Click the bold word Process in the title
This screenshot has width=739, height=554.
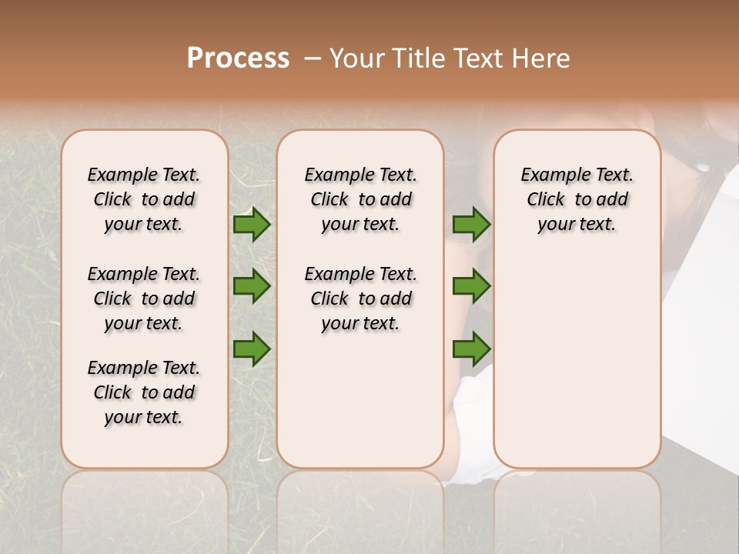coord(238,58)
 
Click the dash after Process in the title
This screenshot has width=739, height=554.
coord(312,58)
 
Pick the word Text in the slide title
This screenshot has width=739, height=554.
coord(478,58)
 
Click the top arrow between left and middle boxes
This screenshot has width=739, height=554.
coord(252,225)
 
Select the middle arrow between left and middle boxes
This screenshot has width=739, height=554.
coord(252,287)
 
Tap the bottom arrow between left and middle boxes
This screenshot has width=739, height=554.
coord(252,349)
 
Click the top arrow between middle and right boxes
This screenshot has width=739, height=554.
coord(471,225)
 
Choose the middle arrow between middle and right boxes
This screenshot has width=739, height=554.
coord(471,287)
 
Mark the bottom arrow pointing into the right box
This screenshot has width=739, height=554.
coord(471,349)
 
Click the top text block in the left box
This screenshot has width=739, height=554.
coord(144,199)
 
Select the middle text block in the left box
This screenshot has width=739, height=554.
coord(144,299)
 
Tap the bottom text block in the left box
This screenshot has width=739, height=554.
coord(144,392)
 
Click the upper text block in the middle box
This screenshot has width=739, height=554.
coord(360,199)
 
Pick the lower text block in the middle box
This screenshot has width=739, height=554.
coord(360,299)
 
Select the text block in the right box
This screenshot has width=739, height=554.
coord(577,199)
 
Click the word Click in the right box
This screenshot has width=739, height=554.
coord(546,200)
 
